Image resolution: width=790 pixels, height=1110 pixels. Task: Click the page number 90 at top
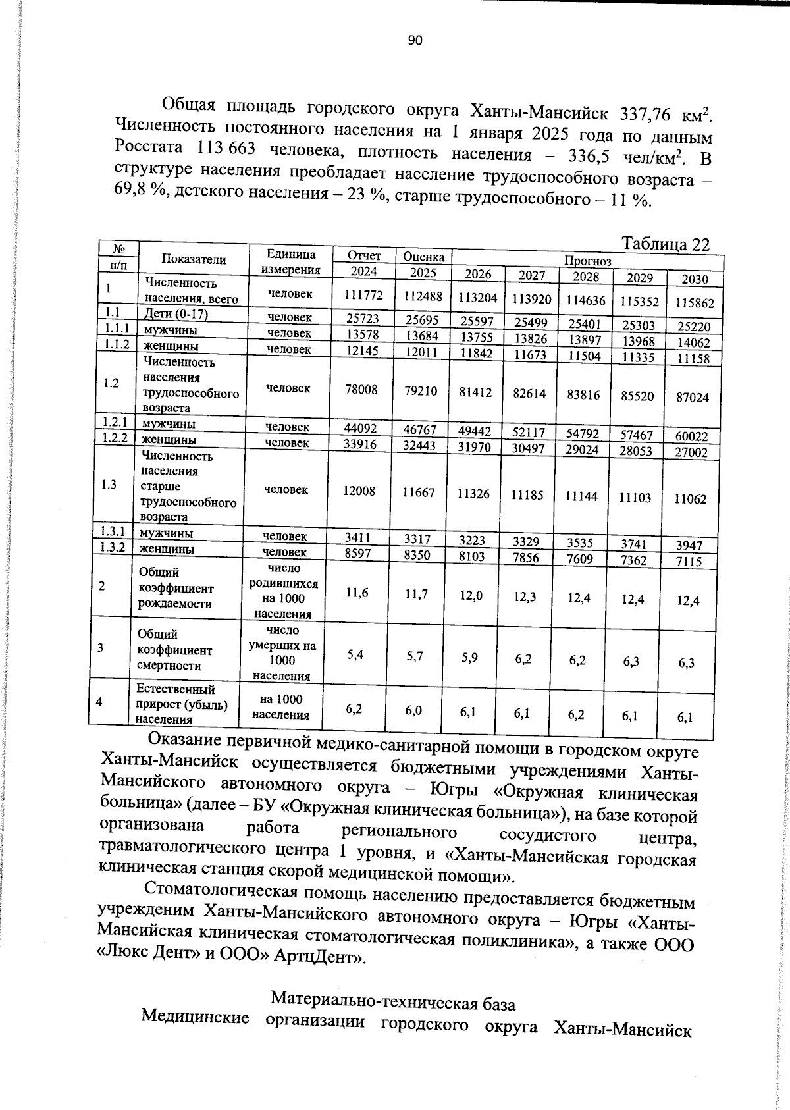415,41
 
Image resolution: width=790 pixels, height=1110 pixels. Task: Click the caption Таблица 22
666,245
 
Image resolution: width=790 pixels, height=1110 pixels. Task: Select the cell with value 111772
363,295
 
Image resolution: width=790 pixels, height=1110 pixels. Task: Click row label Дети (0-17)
176,313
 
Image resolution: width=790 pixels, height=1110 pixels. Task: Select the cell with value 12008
361,490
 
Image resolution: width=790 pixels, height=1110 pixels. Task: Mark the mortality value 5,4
355,654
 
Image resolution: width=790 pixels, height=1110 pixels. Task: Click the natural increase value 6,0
413,710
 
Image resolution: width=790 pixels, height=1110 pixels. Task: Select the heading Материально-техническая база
393,1003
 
